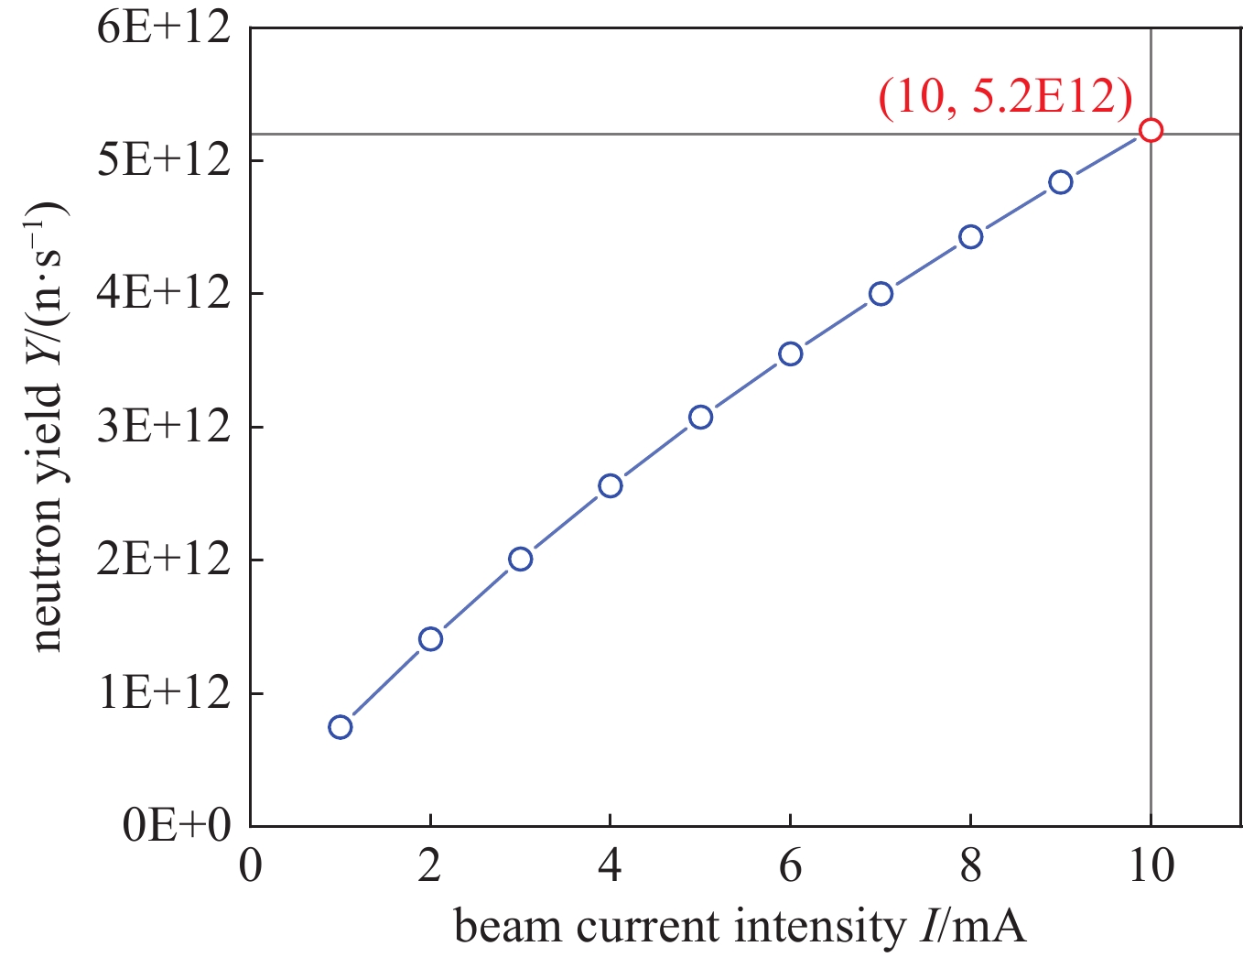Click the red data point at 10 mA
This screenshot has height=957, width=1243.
(x=1151, y=130)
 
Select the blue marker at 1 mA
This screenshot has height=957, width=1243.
(x=340, y=726)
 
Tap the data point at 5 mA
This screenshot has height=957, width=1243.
(x=700, y=417)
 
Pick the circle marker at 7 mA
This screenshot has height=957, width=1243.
(x=881, y=293)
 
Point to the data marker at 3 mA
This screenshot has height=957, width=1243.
(x=520, y=559)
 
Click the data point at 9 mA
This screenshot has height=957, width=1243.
(x=1060, y=181)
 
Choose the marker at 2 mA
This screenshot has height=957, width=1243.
(x=430, y=638)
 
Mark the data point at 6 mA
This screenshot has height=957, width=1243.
(x=790, y=353)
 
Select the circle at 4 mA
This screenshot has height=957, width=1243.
(x=611, y=485)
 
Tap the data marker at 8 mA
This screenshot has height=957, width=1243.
(x=970, y=236)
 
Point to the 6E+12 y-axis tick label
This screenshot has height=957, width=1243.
(x=163, y=28)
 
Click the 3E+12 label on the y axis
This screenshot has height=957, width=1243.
(x=163, y=427)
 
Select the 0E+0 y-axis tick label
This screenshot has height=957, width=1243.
(x=177, y=825)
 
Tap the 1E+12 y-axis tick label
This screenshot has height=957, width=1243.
(x=163, y=693)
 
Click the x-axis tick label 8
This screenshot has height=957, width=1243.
(x=970, y=865)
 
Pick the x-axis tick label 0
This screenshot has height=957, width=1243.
(x=251, y=865)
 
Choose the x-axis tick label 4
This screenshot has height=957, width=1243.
(x=611, y=865)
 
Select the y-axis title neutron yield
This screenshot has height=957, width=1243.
(x=48, y=425)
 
